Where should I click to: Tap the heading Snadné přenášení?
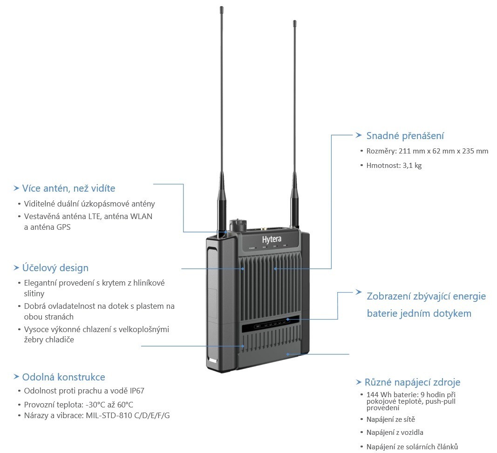coord(405,136)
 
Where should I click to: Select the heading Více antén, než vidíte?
coord(68,188)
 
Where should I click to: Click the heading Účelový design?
coord(55,268)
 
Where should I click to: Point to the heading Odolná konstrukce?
coord(63,377)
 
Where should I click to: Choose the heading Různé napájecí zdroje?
coord(412,382)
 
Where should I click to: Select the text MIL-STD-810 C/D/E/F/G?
coord(128,415)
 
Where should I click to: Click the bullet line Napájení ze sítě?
coord(390,420)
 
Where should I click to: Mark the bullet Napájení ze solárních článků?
coord(412,446)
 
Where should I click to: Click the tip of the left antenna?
coord(221,8)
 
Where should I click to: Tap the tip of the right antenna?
coord(294,22)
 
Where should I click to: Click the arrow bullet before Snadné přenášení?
coord(358,135)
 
